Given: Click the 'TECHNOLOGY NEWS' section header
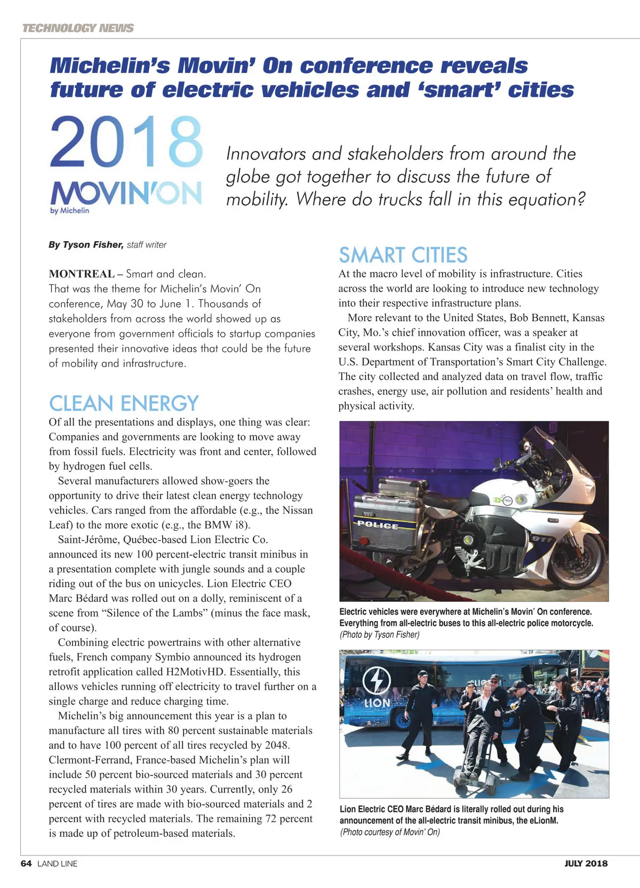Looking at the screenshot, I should (78, 28).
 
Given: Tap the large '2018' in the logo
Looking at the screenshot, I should (126, 142).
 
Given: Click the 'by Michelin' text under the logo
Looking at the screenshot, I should (70, 211).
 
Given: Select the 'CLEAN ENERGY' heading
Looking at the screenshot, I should (124, 403).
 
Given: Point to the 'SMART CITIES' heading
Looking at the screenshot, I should (403, 255).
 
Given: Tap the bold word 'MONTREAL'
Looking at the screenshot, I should (82, 274).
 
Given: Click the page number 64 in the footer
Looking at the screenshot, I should (26, 863).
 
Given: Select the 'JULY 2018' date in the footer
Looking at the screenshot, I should (586, 863).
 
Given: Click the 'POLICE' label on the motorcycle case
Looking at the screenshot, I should (378, 525).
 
